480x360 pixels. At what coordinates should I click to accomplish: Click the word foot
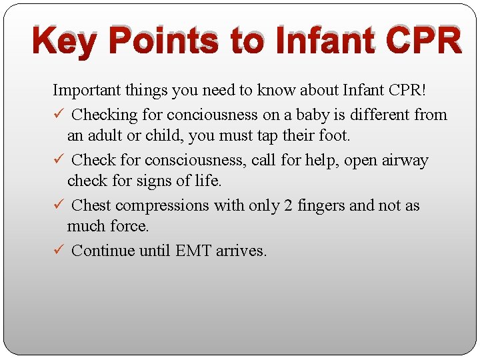pyautogui.click(x=333, y=136)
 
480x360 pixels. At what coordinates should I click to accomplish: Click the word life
pyautogui.click(x=208, y=181)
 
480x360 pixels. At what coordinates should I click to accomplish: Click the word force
pyautogui.click(x=131, y=227)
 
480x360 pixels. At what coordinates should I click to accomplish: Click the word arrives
pyautogui.click(x=241, y=251)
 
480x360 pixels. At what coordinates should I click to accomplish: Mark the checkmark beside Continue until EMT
pyautogui.click(x=58, y=251)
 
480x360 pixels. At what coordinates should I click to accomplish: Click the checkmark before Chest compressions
pyautogui.click(x=58, y=205)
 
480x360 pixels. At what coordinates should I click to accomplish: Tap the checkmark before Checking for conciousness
pyautogui.click(x=58, y=114)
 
